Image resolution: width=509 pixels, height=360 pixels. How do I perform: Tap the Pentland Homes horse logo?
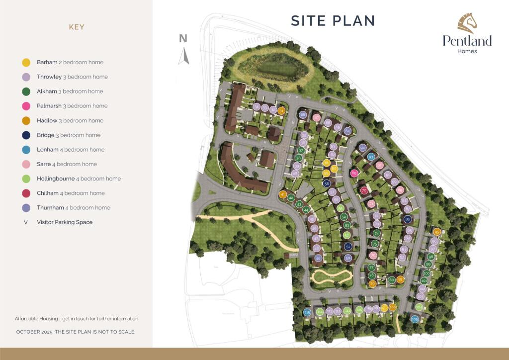467,23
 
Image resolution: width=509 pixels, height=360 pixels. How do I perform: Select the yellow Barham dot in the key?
27,63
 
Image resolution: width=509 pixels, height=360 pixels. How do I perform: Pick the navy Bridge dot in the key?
27,135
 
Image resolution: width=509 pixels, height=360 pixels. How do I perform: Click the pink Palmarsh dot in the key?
27,106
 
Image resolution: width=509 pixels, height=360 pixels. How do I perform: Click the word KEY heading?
77,27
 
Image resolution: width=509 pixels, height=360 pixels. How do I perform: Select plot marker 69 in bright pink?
354,174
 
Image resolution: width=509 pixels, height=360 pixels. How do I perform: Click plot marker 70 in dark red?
364,190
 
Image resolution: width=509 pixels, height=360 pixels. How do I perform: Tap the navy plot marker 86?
408,219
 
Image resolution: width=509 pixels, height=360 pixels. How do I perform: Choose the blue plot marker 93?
371,157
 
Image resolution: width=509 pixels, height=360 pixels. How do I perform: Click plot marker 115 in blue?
307,312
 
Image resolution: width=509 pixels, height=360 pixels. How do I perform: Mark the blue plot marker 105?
415,319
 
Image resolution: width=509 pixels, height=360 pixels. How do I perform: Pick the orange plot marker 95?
437,232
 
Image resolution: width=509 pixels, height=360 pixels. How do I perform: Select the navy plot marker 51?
348,247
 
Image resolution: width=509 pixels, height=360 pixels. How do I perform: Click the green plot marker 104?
419,307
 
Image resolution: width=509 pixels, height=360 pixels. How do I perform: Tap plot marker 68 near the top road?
303,115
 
